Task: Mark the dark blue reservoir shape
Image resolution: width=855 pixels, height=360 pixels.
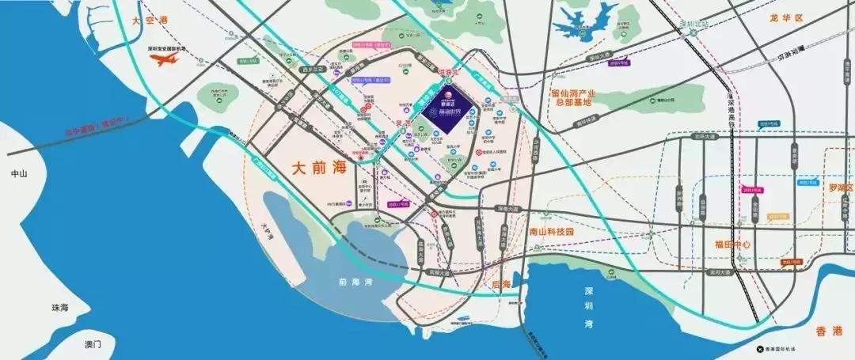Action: point(585,26)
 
